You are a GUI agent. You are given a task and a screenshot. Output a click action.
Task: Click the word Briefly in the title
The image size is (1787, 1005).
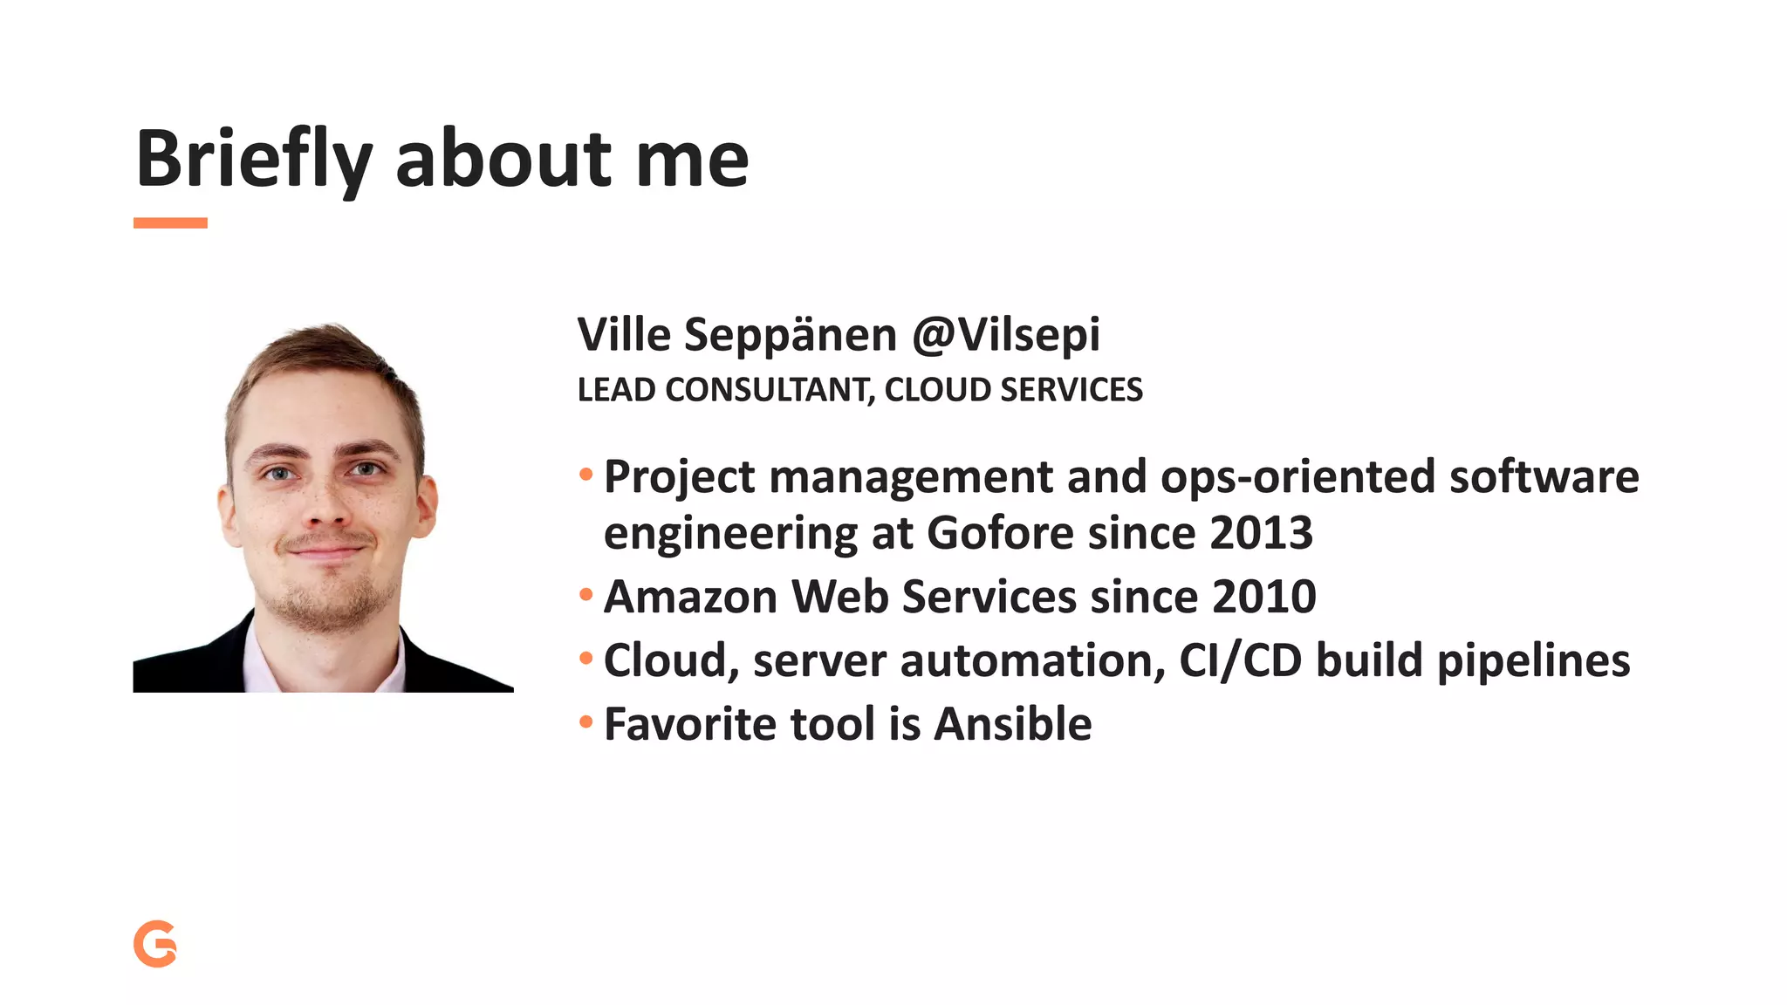tap(254, 160)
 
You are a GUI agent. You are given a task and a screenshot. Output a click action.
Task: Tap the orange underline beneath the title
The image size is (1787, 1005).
tap(170, 223)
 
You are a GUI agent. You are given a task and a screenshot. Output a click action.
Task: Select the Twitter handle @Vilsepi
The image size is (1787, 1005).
tap(1006, 335)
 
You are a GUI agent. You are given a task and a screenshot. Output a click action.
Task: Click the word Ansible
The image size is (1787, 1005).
tap(1012, 724)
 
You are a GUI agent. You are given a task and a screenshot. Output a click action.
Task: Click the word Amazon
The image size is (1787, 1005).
tap(690, 597)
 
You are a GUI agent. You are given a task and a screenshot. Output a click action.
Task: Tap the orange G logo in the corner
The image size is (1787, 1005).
tap(155, 944)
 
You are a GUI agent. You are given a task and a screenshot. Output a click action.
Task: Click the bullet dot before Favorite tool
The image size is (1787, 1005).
tap(586, 722)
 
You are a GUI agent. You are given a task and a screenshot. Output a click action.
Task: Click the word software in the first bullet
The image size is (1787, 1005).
tap(1544, 477)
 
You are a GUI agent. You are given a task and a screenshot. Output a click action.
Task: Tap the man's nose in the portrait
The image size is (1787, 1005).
tap(325, 506)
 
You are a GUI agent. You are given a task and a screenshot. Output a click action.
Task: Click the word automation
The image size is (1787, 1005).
tap(1032, 660)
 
